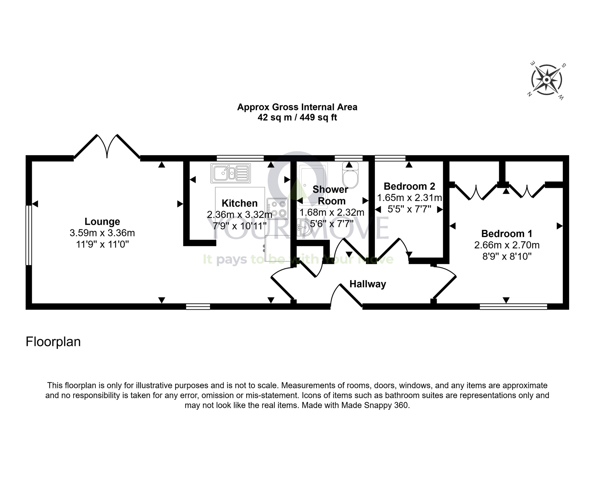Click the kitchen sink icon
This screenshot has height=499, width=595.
click(x=231, y=173)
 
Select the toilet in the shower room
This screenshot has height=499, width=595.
click(x=350, y=176)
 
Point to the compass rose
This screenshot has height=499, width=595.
click(x=547, y=80)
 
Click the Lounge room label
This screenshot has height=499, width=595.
click(x=102, y=222)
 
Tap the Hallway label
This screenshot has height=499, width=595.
click(x=368, y=284)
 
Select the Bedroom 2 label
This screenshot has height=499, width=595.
click(x=409, y=186)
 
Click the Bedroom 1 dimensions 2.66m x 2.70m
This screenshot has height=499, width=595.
click(x=507, y=245)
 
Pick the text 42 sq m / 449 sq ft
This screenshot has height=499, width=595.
click(x=297, y=118)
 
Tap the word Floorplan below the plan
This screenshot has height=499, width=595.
click(x=53, y=342)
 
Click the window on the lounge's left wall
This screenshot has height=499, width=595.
click(x=29, y=235)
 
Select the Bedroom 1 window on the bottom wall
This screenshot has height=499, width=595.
click(x=513, y=306)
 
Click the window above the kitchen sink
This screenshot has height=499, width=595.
click(x=240, y=158)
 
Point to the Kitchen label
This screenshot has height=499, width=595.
click(x=239, y=203)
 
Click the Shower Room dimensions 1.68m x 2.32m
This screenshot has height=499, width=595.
click(x=332, y=213)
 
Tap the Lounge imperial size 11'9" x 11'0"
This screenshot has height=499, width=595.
click(x=102, y=244)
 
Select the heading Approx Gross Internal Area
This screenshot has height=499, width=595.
click(x=297, y=107)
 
